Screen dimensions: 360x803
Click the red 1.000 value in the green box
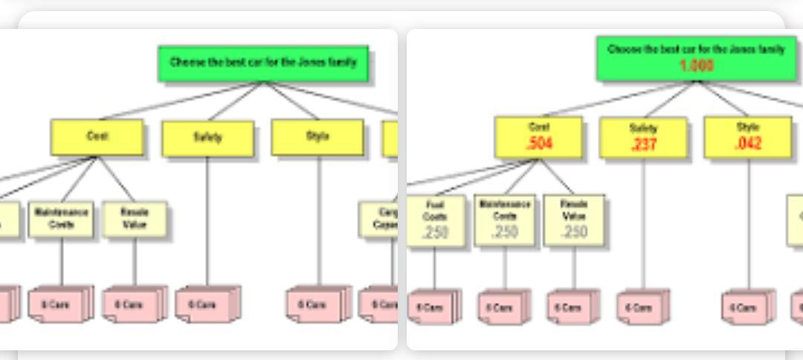tap(696, 65)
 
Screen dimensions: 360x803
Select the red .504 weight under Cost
tap(539, 144)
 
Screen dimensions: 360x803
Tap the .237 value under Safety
tap(643, 144)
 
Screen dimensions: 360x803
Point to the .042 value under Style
tap(748, 144)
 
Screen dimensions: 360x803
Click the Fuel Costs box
tap(436, 220)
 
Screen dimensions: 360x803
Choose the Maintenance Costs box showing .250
tap(505, 220)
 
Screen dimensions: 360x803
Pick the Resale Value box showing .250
tap(574, 220)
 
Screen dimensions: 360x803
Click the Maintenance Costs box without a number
tap(62, 219)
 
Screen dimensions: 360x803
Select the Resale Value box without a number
tap(135, 219)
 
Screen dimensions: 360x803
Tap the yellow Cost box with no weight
tap(97, 138)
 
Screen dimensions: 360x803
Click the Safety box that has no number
tap(207, 138)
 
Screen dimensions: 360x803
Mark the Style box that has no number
tap(317, 138)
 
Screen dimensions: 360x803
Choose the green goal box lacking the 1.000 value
tap(263, 63)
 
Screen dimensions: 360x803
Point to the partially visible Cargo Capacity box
tap(380, 219)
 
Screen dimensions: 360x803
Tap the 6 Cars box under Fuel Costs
tap(433, 307)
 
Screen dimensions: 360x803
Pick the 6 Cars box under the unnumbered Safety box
tap(206, 304)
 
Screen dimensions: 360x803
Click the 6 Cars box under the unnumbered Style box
tap(316, 304)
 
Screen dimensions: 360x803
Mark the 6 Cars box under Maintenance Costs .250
tap(503, 307)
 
